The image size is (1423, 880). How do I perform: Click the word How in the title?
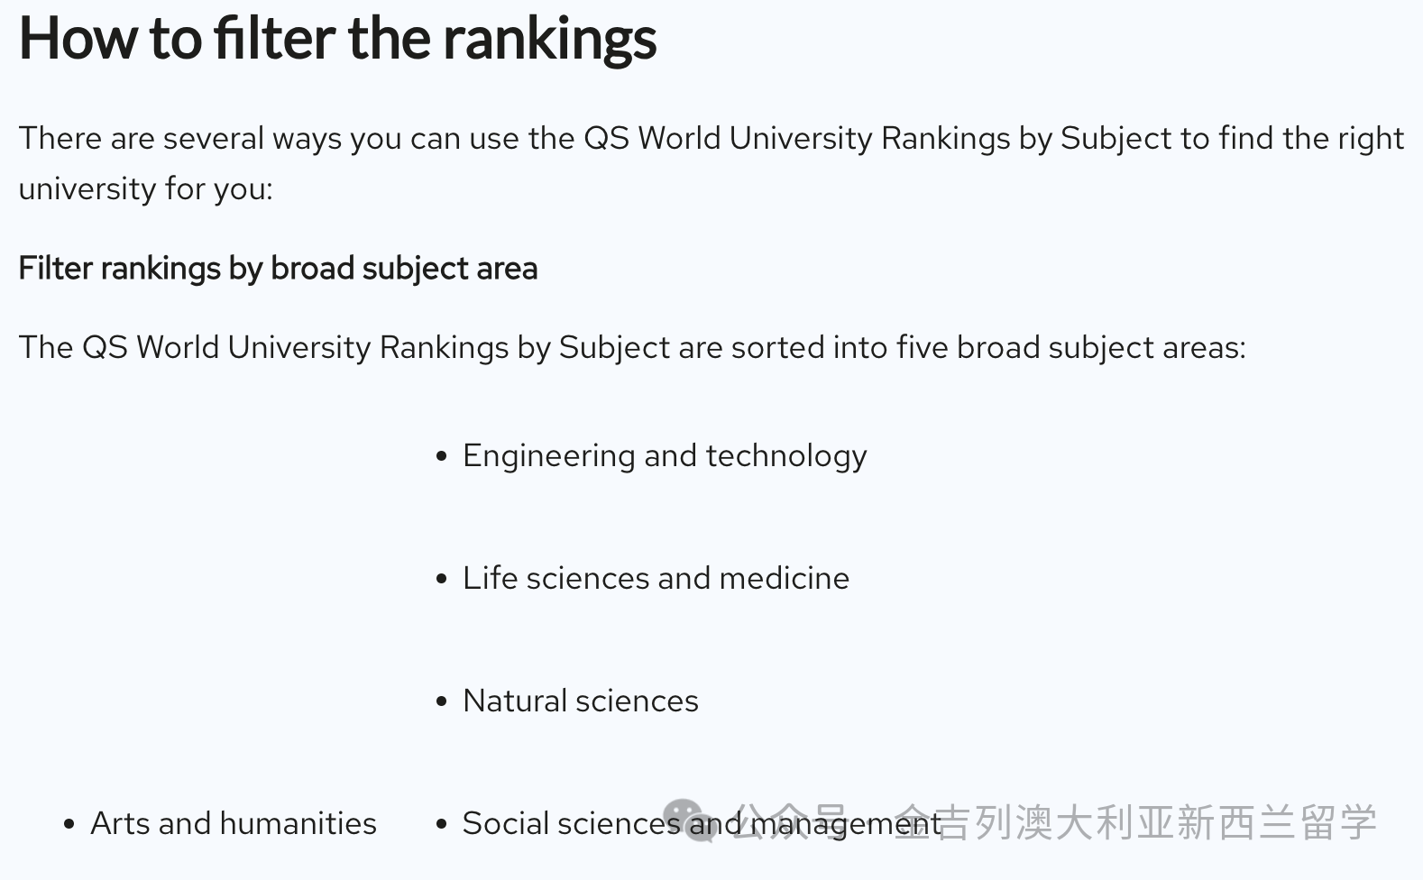tap(78, 39)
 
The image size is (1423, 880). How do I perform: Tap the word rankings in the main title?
tap(549, 41)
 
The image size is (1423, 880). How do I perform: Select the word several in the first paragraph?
tap(214, 138)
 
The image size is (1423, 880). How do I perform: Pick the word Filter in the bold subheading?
tap(56, 268)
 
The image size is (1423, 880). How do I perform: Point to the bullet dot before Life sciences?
tap(442, 579)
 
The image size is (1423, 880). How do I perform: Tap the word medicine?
tap(784, 578)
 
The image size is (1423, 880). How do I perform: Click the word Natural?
tap(515, 701)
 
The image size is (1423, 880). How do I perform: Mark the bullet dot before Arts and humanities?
tap(69, 824)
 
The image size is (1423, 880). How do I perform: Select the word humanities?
tap(298, 823)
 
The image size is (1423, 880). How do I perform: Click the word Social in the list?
tap(513, 823)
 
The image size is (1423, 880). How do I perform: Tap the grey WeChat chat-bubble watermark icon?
tap(689, 820)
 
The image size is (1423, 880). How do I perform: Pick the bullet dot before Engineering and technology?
tap(442, 455)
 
